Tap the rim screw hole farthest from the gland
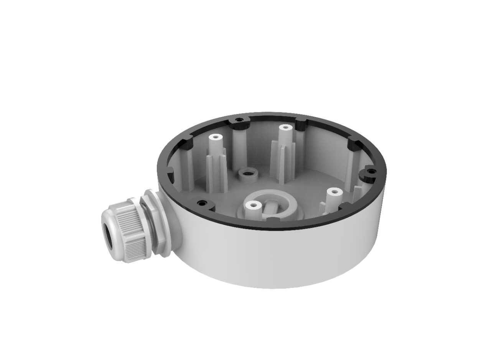tap(370, 171)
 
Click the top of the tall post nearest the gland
tap(215, 137)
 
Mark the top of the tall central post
tap(284, 127)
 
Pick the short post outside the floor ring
tap(334, 191)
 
